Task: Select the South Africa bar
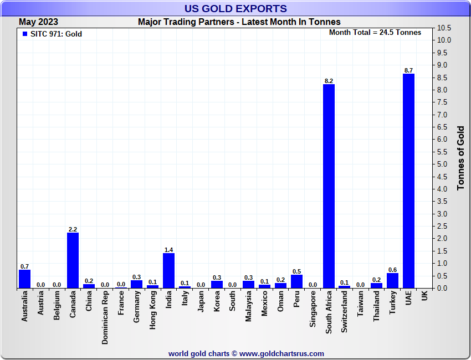pos(329,186)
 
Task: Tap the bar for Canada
pos(73,260)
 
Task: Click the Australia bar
pos(24,279)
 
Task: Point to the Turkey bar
pos(392,280)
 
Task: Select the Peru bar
pos(296,281)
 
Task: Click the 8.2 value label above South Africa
pos(329,81)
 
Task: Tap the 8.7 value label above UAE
pos(408,70)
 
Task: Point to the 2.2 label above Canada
pos(73,229)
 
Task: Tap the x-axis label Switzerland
pos(345,312)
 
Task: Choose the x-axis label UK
pos(424,296)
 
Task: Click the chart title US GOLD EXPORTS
pos(235,8)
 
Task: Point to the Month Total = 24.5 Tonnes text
pos(375,33)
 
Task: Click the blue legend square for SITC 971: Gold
pos(25,34)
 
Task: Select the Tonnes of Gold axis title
pos(460,158)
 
